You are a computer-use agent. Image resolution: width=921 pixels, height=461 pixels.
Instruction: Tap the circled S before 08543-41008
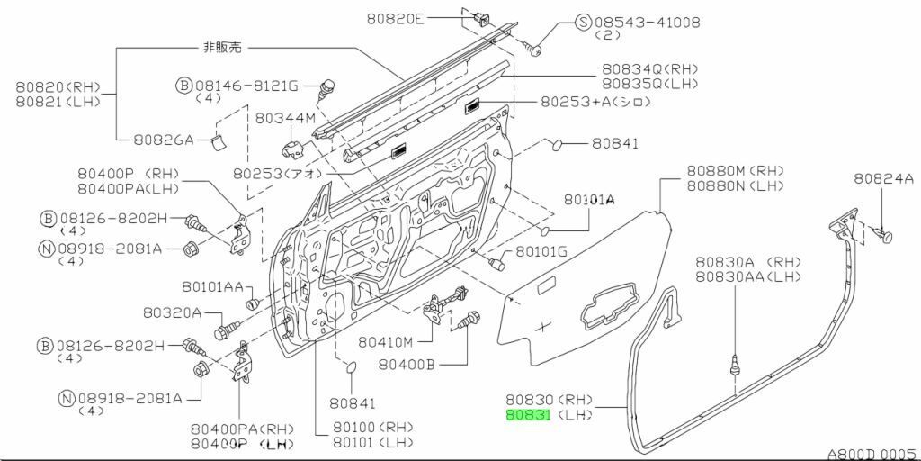coord(583,21)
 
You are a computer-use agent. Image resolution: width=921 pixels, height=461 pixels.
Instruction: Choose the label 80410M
coord(385,342)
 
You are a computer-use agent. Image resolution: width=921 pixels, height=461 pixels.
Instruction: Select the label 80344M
coord(285,117)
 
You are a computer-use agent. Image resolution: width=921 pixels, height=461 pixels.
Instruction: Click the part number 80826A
coord(164,140)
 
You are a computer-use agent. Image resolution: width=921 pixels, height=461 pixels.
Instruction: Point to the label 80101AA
coord(212,286)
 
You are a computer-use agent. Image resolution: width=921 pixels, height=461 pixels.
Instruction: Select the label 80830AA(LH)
coord(747,277)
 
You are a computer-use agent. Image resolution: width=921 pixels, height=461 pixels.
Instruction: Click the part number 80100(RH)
coord(371,427)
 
